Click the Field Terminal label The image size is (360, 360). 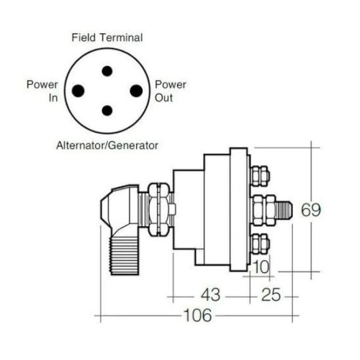[x=107, y=37]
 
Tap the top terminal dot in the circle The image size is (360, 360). [x=107, y=71]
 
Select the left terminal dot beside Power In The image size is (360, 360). [x=78, y=91]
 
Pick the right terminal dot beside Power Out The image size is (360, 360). [x=136, y=91]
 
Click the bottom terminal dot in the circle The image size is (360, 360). [x=107, y=110]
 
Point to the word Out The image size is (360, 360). [x=163, y=98]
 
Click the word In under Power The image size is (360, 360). [x=53, y=98]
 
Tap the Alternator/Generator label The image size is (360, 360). [x=107, y=145]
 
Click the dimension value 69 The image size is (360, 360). [x=311, y=210]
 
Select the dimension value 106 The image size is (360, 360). [x=197, y=315]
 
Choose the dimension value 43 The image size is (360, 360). [x=210, y=294]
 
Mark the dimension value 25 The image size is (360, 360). [x=271, y=294]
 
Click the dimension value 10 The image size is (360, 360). [x=261, y=267]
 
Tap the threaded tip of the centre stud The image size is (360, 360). [x=284, y=210]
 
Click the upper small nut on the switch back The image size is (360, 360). [x=260, y=176]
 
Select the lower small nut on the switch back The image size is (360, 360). [x=260, y=244]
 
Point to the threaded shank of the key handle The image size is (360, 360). [x=124, y=256]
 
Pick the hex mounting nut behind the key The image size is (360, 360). [x=158, y=209]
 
